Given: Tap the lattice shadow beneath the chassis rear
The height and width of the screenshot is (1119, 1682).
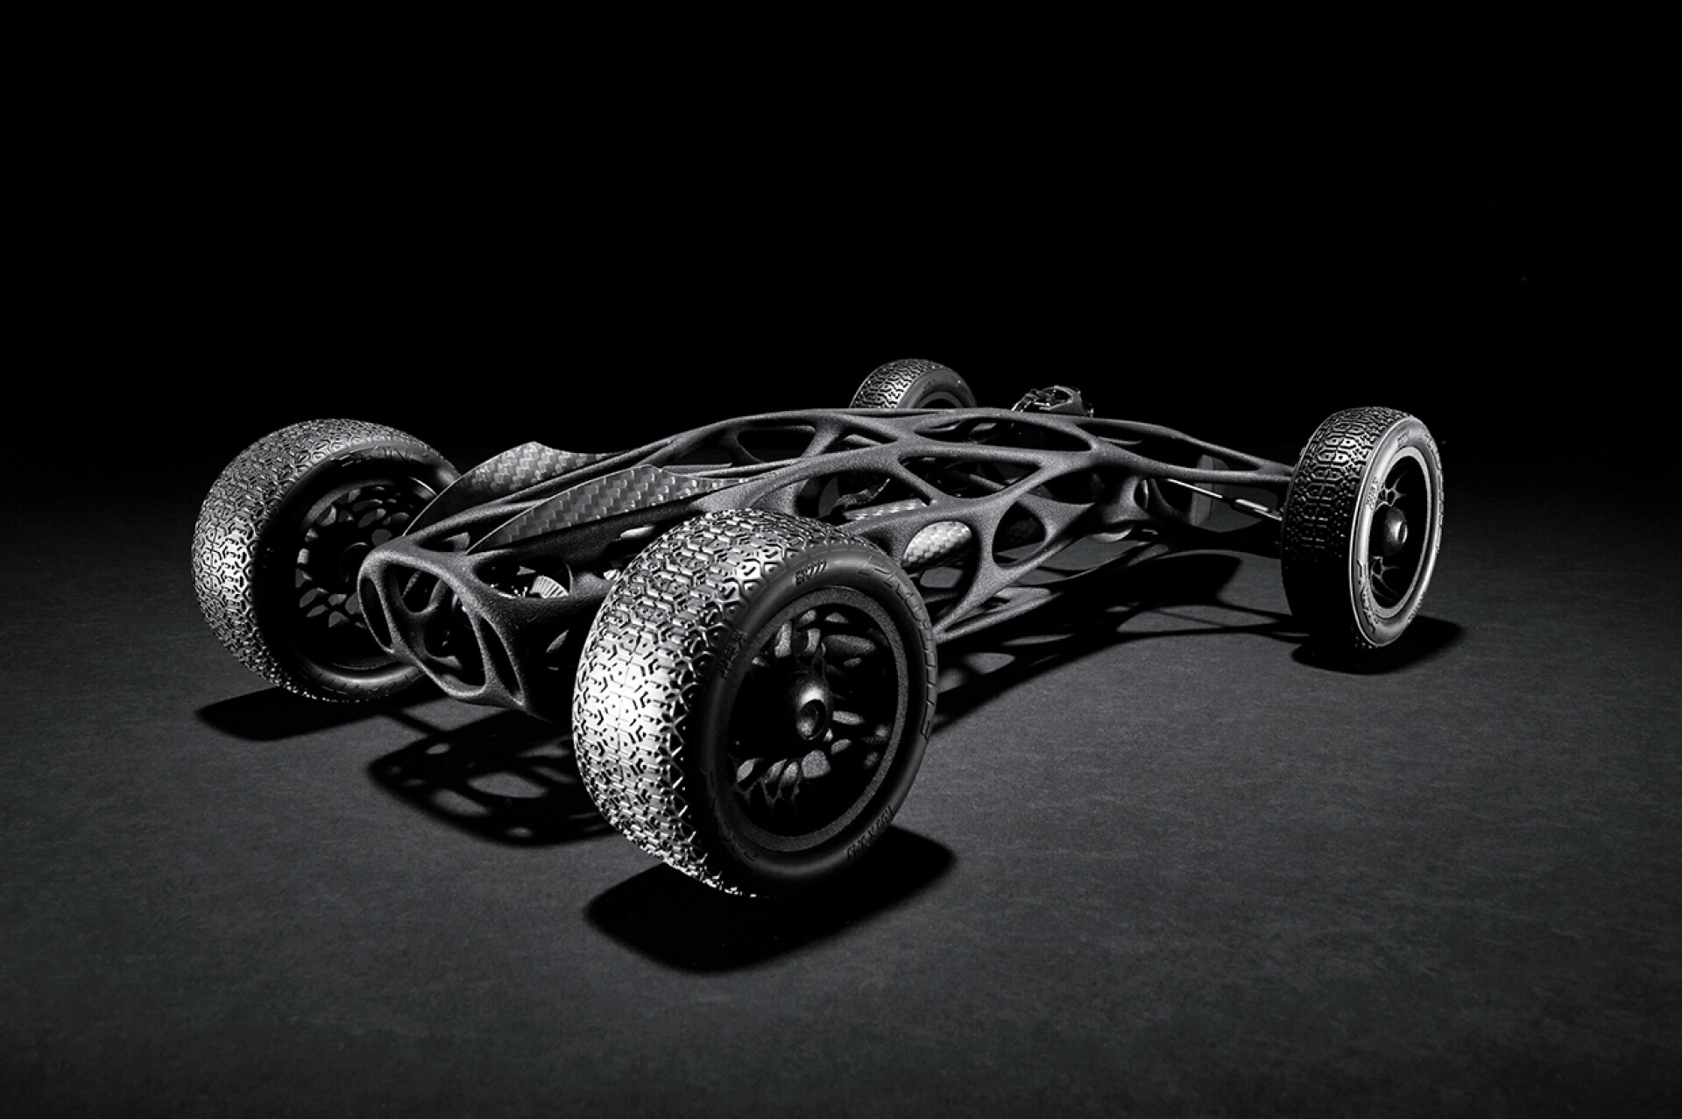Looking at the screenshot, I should (x=456, y=771).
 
